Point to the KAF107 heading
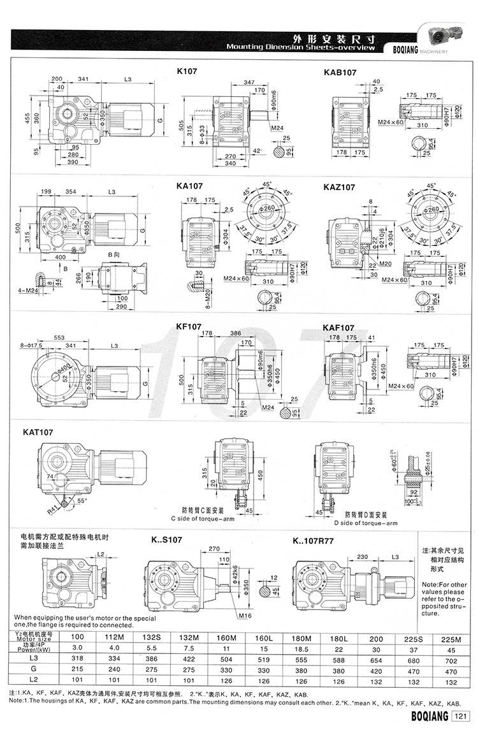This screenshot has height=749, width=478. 339,328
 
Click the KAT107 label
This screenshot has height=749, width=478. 38,432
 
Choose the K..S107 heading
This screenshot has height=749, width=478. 167,539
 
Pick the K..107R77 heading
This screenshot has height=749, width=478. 317,540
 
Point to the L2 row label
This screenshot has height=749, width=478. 42,680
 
